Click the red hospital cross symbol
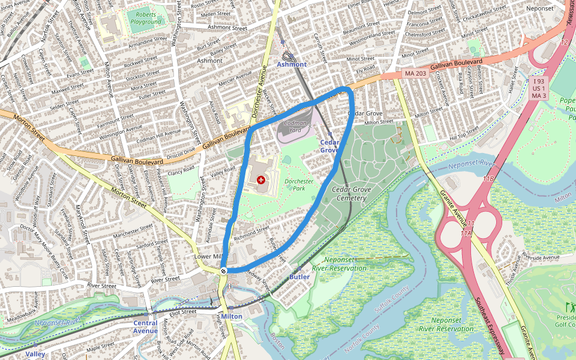pos(260,179)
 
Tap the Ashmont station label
pos(292,64)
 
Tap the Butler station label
pos(299,277)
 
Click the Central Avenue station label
pos(145,326)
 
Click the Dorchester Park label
pos(299,184)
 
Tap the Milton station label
pos(232,316)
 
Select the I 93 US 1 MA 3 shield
pos(539,88)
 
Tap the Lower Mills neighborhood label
pos(209,256)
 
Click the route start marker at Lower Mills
pos(223,271)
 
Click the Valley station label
pos(35,354)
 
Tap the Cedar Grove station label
pos(329,146)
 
